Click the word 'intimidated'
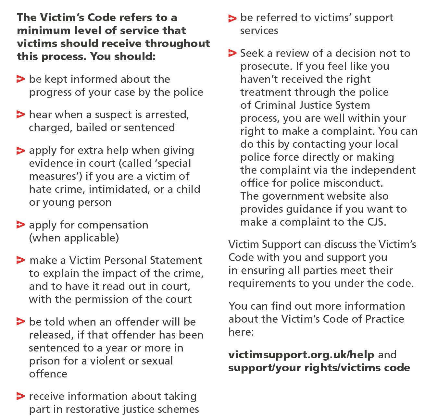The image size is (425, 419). pyautogui.click(x=119, y=189)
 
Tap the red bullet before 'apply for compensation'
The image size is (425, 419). pyautogui.click(x=20, y=225)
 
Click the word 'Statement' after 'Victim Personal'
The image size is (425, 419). pyautogui.click(x=176, y=260)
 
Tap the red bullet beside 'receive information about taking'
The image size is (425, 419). pyautogui.click(x=20, y=396)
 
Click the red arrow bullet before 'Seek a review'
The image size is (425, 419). pyautogui.click(x=232, y=53)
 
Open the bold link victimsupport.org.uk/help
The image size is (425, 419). pyautogui.click(x=301, y=354)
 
